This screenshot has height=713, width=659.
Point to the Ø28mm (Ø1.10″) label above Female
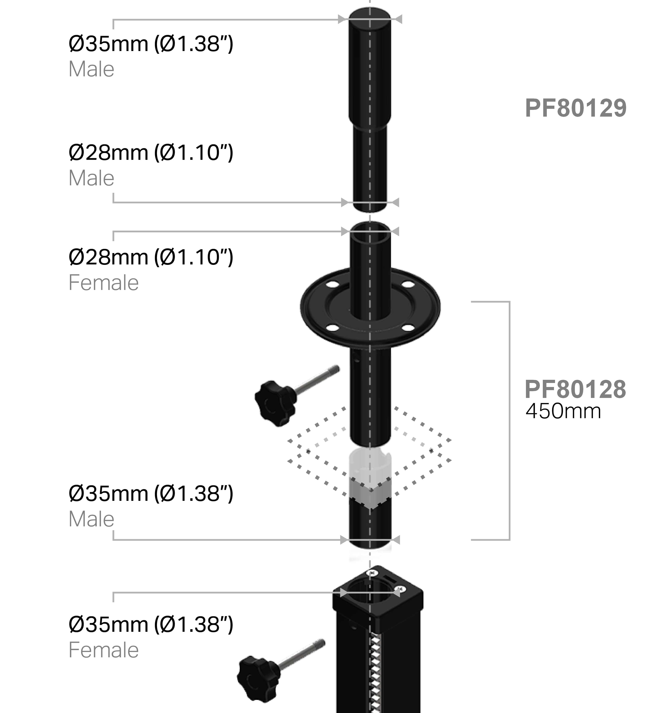click(151, 257)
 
